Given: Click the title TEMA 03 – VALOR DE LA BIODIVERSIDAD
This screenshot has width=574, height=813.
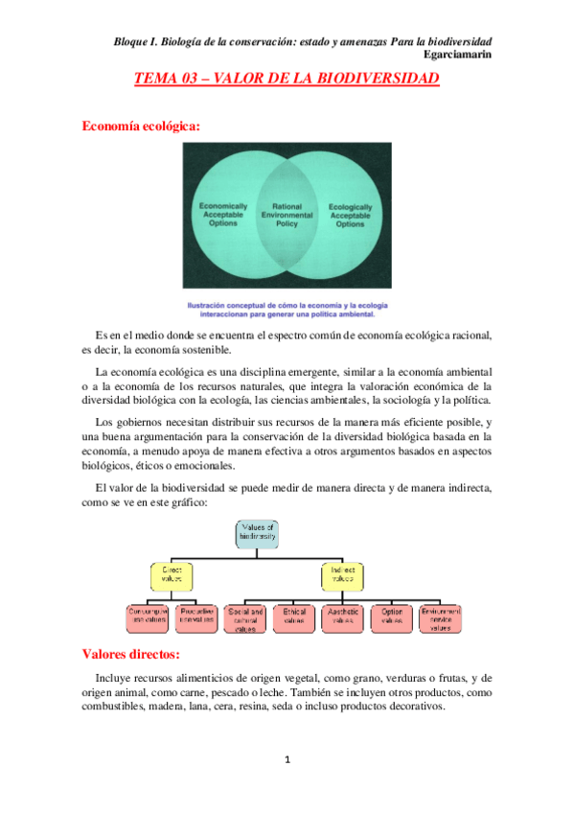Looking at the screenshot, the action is pyautogui.click(x=287, y=82).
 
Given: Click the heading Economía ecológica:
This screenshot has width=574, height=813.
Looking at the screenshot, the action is pyautogui.click(x=141, y=125).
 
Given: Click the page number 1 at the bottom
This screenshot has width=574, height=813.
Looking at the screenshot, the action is pyautogui.click(x=287, y=760).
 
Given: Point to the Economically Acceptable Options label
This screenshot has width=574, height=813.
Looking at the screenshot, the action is pyautogui.click(x=223, y=215).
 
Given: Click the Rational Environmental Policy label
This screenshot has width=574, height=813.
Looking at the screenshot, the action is pyautogui.click(x=287, y=215).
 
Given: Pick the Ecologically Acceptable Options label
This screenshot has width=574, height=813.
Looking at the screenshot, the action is pyautogui.click(x=351, y=215).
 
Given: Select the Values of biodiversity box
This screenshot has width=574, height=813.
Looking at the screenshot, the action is pyautogui.click(x=259, y=533).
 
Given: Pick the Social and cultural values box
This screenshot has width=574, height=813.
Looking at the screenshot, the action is pyautogui.click(x=247, y=618).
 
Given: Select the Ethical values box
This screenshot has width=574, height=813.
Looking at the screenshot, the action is pyautogui.click(x=294, y=618).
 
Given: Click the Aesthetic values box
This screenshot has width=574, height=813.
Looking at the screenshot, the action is pyautogui.click(x=343, y=618).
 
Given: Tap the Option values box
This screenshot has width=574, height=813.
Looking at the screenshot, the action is pyautogui.click(x=392, y=618).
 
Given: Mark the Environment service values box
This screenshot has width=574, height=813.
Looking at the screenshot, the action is pyautogui.click(x=441, y=618).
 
